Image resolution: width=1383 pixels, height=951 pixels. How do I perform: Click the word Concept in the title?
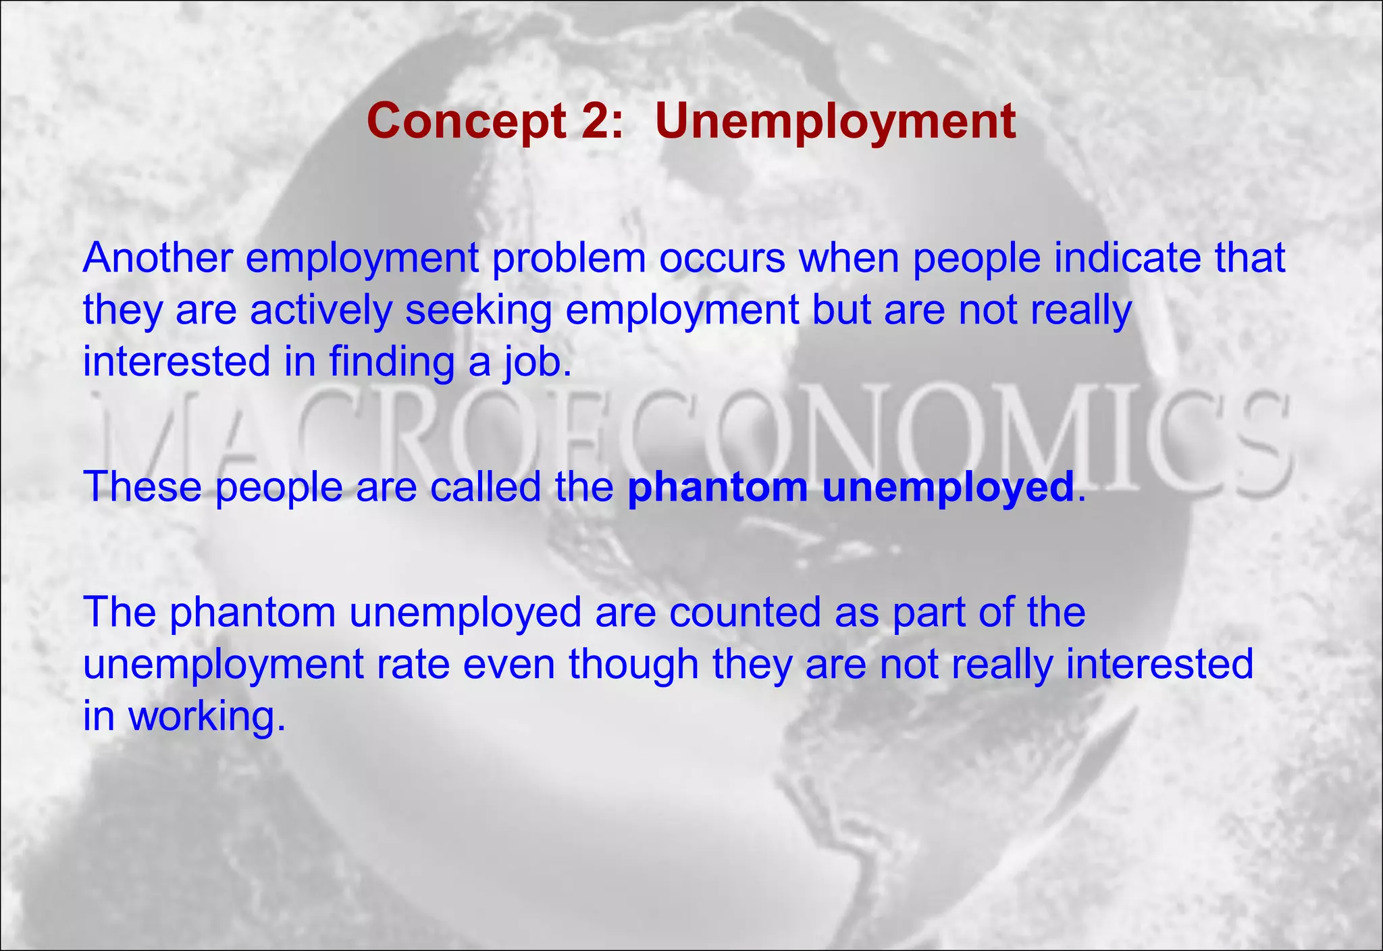pos(467,122)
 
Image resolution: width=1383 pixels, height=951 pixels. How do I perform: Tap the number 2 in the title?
pos(595,122)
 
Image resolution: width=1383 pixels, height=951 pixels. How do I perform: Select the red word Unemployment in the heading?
pos(835,122)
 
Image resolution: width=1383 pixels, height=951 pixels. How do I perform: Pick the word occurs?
pos(722,258)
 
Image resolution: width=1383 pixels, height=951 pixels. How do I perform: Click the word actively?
pos(321,311)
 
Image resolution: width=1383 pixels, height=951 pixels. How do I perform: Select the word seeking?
pos(478,311)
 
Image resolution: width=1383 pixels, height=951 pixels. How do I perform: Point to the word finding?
pos(392,362)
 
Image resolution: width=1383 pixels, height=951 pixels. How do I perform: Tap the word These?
pos(142,486)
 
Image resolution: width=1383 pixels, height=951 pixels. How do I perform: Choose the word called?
pos(485,486)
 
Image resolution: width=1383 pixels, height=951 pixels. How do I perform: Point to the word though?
pos(633,665)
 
